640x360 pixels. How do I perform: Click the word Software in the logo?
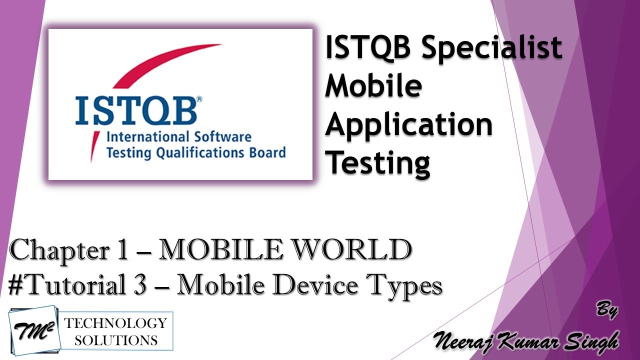tap(221, 137)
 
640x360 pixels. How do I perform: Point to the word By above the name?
tap(607, 310)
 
